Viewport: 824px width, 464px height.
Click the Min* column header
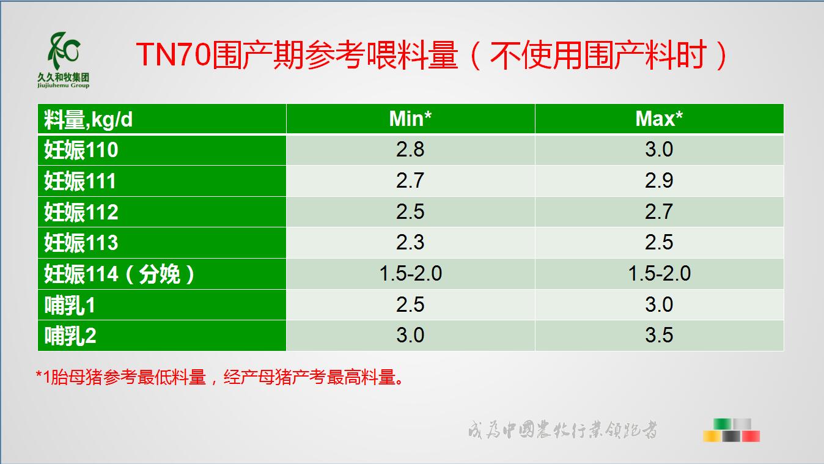coord(410,119)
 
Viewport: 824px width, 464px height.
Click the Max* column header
coord(659,119)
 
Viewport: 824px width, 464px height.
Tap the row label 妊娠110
coord(81,150)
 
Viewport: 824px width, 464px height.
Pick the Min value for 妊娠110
coord(410,149)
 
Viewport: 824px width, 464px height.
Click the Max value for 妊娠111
coord(659,180)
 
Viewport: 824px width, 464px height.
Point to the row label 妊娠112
coord(81,212)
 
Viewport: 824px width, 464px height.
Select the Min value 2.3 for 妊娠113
coord(410,242)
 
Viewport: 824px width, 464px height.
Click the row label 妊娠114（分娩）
coord(120,274)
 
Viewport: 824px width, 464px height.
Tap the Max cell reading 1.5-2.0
coord(659,273)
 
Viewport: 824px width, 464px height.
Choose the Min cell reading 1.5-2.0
coord(410,273)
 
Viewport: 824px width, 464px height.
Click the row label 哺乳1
coord(70,305)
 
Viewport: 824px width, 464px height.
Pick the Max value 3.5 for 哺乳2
coord(659,335)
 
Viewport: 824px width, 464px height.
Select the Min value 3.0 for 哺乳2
coord(410,335)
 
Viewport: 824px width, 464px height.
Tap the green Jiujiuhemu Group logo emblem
coord(64,51)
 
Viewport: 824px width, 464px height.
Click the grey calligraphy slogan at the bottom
coord(562,429)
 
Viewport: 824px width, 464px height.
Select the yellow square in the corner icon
coord(712,436)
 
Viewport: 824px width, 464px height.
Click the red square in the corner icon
coord(751,436)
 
